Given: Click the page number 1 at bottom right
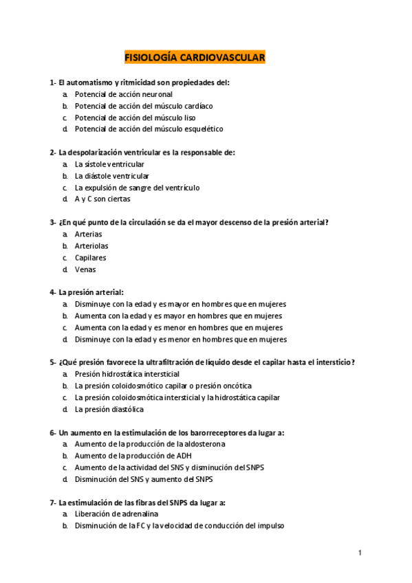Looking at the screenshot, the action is [x=359, y=552].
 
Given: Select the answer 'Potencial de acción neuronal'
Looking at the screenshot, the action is [x=124, y=94].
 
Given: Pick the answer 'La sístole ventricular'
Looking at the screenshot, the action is [x=109, y=164].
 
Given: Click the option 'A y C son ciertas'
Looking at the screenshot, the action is [x=102, y=199].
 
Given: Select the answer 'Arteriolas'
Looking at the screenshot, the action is [x=91, y=245].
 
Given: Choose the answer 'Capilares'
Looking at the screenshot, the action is [x=91, y=258].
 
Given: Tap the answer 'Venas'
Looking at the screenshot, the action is [x=85, y=269].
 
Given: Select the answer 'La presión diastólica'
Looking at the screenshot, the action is [x=109, y=409].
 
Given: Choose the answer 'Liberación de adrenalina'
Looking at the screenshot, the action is [x=116, y=514].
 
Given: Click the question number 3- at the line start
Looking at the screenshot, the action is [x=53, y=222].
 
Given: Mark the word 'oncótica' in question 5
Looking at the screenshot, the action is [x=237, y=386].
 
